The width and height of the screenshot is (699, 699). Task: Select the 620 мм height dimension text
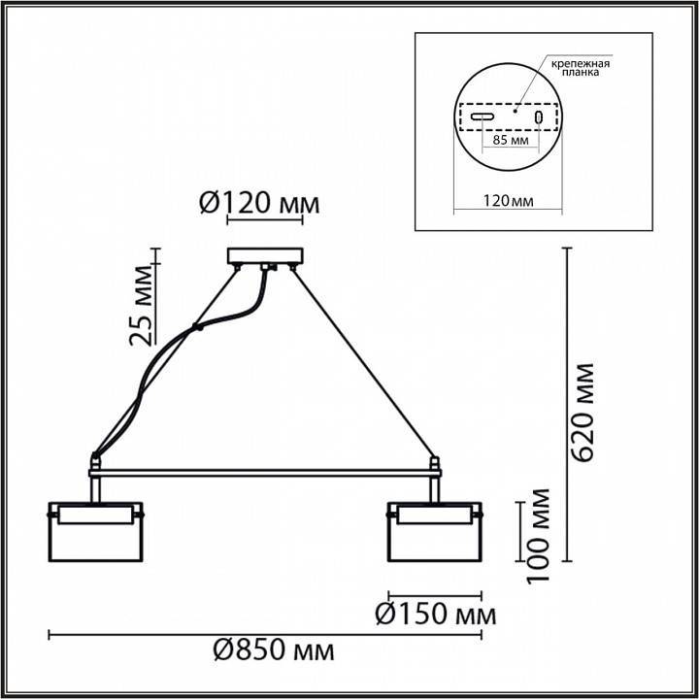click(584, 413)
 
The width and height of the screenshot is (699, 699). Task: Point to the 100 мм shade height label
click(540, 535)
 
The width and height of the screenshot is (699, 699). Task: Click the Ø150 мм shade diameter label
click(436, 615)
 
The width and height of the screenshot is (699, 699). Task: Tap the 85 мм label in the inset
click(511, 141)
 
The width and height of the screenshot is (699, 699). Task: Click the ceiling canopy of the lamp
click(265, 256)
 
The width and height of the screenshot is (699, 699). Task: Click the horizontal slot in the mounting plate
click(483, 117)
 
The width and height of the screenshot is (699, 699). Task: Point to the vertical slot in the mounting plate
click(537, 117)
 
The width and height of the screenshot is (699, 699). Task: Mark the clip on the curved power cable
click(199, 328)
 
